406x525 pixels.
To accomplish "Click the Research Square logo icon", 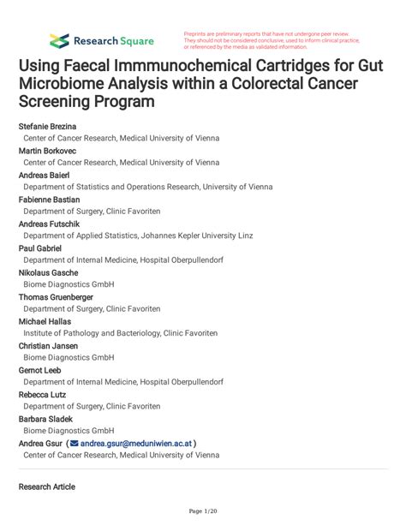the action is click(59, 40).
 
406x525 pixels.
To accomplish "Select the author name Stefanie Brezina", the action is click(47, 126).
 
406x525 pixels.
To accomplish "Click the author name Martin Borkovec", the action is click(46, 150).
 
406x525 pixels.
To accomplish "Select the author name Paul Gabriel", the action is click(40, 248).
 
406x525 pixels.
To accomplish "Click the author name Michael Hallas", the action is click(45, 320).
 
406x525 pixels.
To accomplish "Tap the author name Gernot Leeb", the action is click(41, 369).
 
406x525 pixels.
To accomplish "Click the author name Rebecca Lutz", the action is click(43, 394).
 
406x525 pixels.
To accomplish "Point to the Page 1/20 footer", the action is click(203, 511).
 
